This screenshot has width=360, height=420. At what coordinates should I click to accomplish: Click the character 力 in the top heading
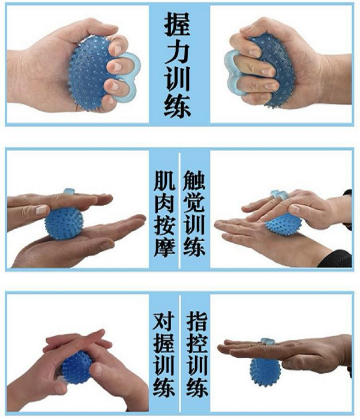(178, 52)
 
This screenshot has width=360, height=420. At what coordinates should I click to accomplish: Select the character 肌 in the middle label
(164, 181)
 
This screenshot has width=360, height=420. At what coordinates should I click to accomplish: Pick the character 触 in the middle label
(194, 181)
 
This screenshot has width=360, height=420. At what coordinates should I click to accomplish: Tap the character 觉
(194, 203)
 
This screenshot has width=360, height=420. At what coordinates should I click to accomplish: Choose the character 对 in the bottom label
(164, 321)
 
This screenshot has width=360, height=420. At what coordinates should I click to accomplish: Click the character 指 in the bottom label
(197, 321)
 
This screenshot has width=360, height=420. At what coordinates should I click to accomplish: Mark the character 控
(197, 343)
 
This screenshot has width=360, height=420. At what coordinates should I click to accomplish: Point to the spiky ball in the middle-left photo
(64, 223)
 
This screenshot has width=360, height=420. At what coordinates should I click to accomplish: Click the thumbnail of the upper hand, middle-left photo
(41, 210)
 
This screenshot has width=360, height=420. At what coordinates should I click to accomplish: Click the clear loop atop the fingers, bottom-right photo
(268, 341)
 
